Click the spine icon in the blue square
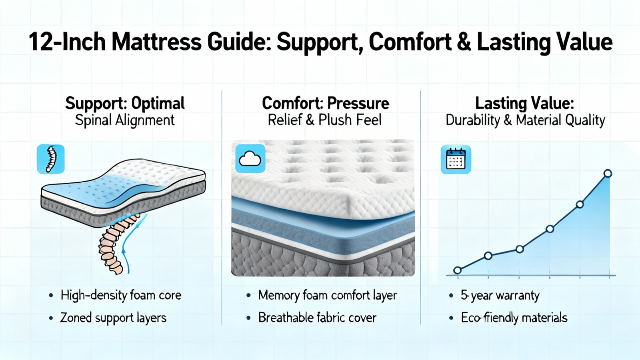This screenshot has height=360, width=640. pyautogui.click(x=50, y=159)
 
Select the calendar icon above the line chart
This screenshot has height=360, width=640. pyautogui.click(x=456, y=160)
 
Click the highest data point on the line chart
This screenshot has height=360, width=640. pyautogui.click(x=608, y=174)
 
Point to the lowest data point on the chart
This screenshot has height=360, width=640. pyautogui.click(x=458, y=270)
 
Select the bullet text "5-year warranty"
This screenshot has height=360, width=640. pyautogui.click(x=500, y=296)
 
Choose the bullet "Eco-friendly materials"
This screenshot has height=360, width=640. pyautogui.click(x=514, y=318)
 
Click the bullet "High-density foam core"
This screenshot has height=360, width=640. pyautogui.click(x=121, y=295)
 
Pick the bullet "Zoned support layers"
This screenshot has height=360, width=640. pyautogui.click(x=113, y=318)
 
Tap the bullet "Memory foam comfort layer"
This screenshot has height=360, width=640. pyautogui.click(x=328, y=296)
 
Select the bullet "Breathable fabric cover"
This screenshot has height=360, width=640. pyautogui.click(x=317, y=318)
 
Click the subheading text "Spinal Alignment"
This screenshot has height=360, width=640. pyautogui.click(x=124, y=120)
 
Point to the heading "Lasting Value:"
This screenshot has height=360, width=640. pyautogui.click(x=524, y=103)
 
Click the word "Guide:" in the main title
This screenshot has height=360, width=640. pyautogui.click(x=240, y=42)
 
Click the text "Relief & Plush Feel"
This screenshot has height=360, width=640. pyautogui.click(x=324, y=120)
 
